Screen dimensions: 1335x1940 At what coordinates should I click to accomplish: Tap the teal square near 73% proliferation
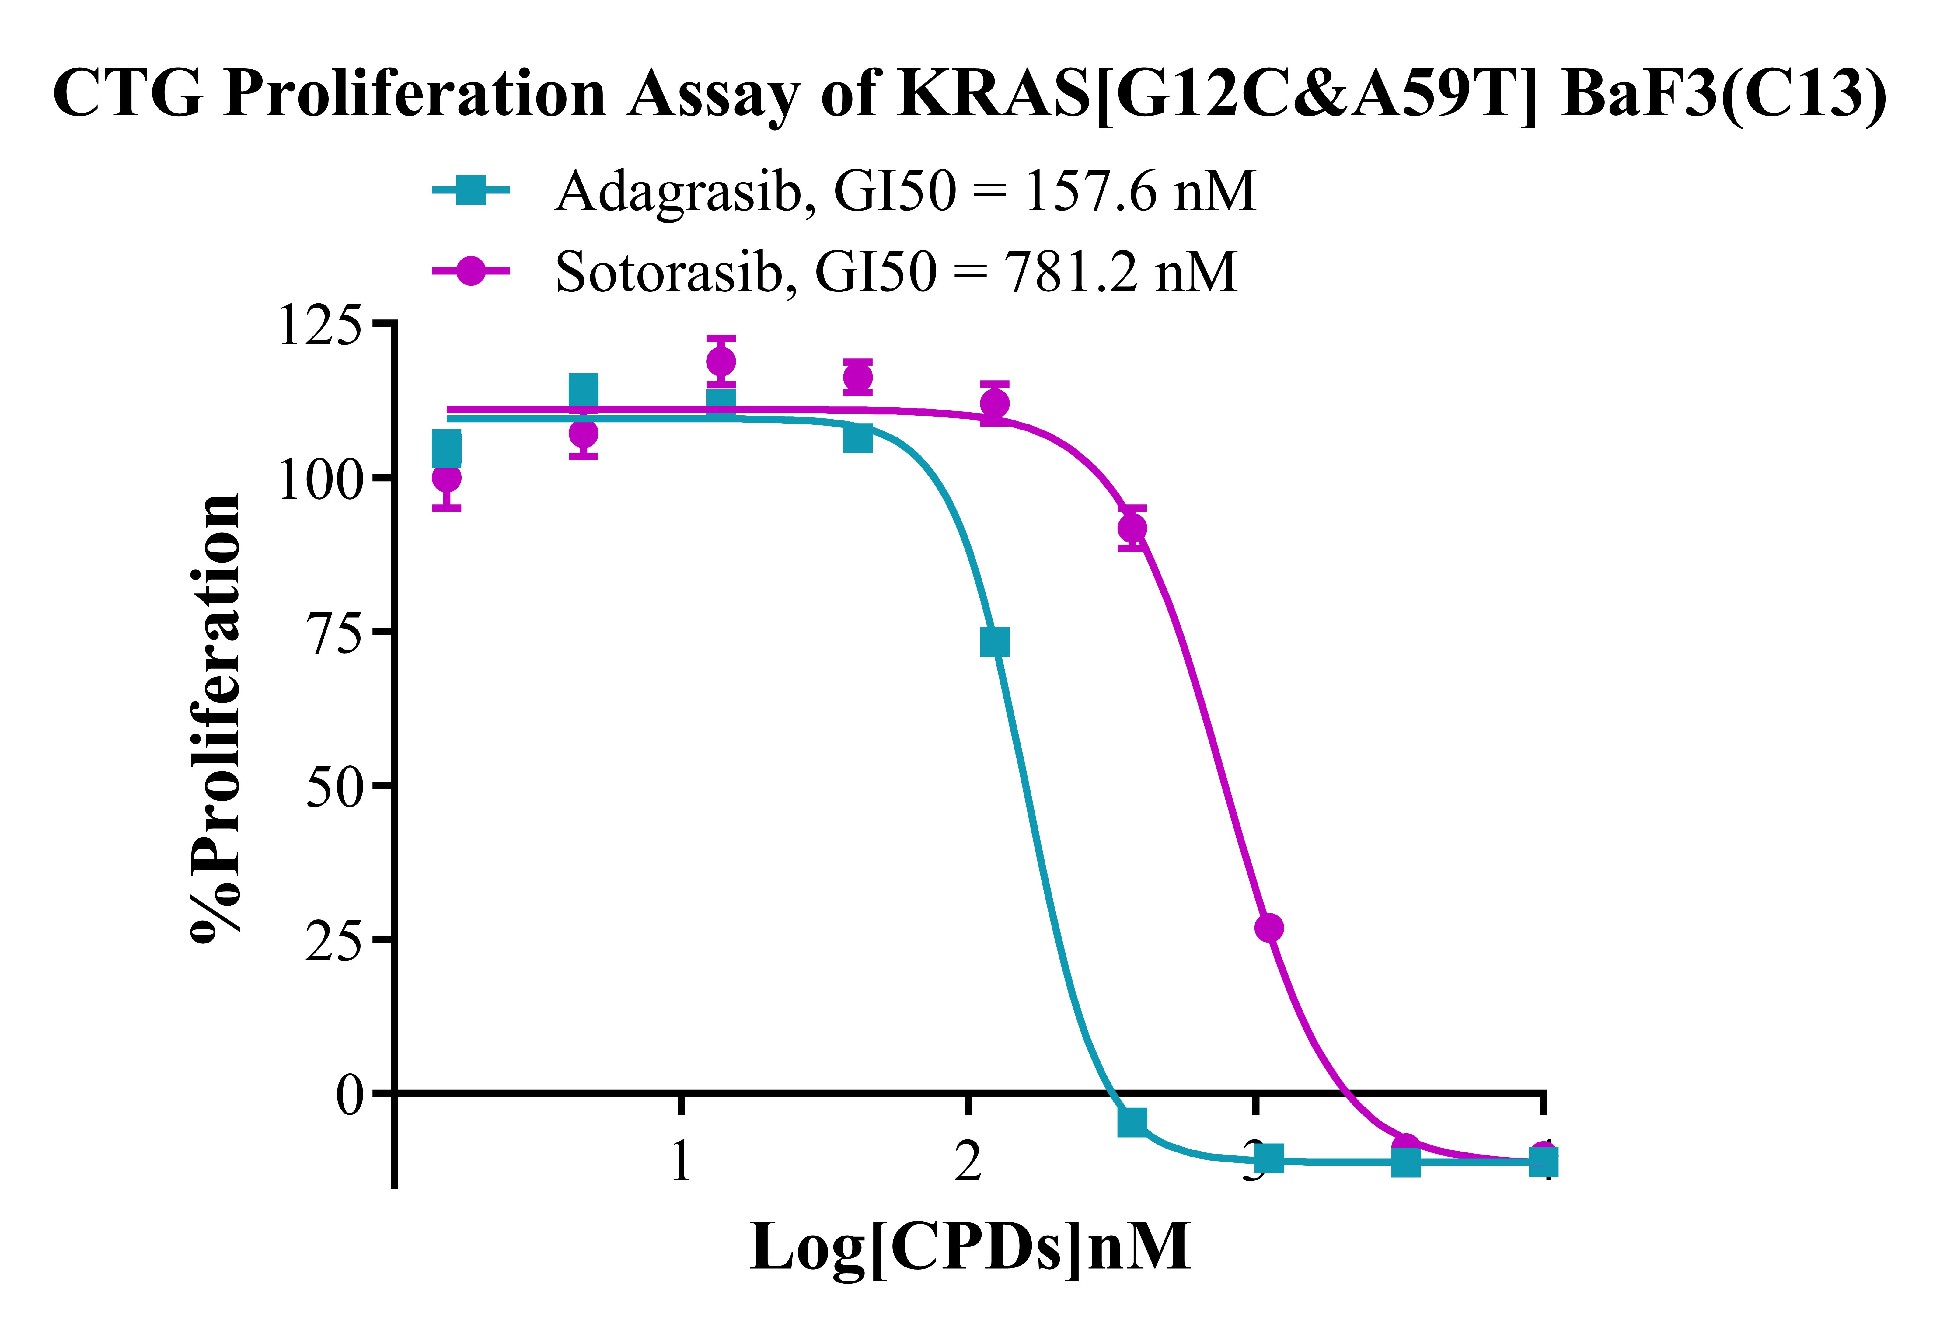(x=994, y=642)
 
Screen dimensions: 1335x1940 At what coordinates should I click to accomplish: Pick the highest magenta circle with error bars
(x=720, y=361)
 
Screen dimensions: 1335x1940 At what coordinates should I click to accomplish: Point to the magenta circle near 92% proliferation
(x=1132, y=528)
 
